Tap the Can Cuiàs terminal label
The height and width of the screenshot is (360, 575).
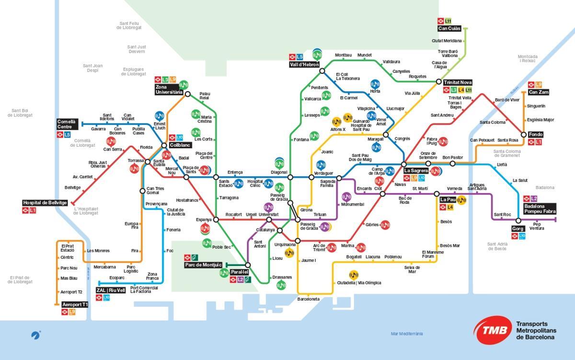[x=449, y=28]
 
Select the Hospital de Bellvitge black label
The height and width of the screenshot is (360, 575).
[x=45, y=203]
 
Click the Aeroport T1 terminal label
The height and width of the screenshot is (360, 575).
[x=75, y=304]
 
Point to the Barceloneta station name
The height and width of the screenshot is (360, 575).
[x=308, y=299]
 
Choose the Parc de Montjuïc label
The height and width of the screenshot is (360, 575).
[x=203, y=265]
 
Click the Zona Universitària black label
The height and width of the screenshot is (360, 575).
[x=168, y=90]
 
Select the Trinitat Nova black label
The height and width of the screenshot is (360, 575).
[x=458, y=82]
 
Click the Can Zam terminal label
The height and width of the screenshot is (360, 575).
[x=539, y=92]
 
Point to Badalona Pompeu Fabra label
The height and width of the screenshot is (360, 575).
[x=540, y=209]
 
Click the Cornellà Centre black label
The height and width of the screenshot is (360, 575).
[x=67, y=124]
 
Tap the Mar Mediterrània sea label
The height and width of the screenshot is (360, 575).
[x=407, y=334]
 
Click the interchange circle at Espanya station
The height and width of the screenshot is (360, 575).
[x=216, y=220]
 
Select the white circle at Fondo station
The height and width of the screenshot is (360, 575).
[x=524, y=135]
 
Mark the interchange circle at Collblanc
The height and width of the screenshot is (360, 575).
[x=164, y=145]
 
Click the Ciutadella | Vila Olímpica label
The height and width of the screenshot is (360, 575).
[x=359, y=283]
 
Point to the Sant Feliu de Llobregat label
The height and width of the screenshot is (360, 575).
[x=129, y=25]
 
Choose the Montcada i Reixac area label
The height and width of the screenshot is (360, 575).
[x=528, y=58]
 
